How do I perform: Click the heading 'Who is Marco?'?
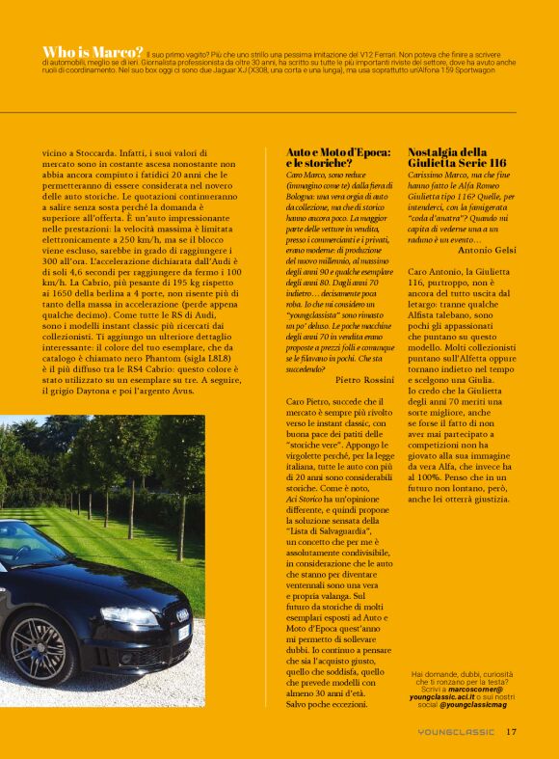[93, 51]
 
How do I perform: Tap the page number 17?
[512, 731]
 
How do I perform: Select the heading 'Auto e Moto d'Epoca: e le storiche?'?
[337, 159]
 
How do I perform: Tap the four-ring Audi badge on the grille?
[183, 614]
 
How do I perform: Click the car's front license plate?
[183, 634]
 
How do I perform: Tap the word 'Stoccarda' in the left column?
[81, 152]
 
